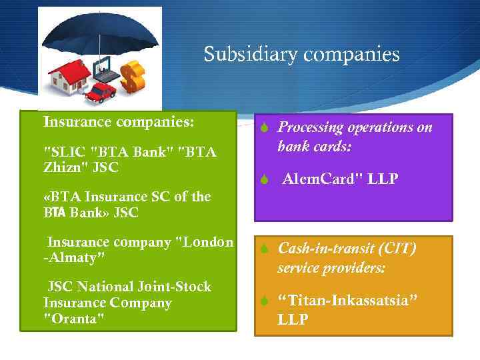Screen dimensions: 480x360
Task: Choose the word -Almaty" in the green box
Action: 74,257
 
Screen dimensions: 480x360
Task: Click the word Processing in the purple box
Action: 310,127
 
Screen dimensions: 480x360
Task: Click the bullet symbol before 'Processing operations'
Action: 264,128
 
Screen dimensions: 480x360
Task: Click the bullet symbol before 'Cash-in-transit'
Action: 264,249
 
